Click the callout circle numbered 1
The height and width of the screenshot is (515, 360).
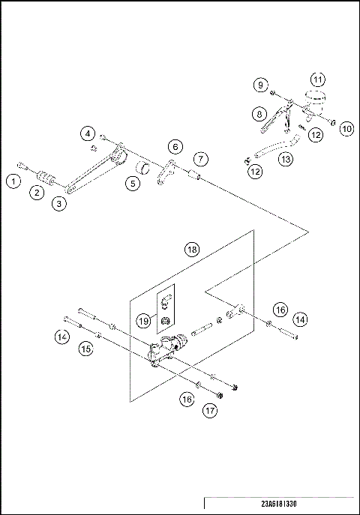pos(13,180)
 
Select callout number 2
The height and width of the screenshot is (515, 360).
pos(35,192)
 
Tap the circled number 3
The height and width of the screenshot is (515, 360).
pos(59,202)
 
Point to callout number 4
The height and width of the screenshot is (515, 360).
pos(88,134)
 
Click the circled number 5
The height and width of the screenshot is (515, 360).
pos(133,182)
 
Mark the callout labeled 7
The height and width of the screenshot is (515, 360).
pos(199,159)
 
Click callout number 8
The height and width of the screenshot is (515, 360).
pos(259,114)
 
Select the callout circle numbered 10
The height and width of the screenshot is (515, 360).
pos(346,128)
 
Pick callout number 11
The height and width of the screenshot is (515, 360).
pos(318,79)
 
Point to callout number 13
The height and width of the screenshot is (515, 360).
pos(286,158)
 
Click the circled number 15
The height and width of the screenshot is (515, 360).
pos(86,349)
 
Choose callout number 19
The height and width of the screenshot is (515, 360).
pos(144,320)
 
